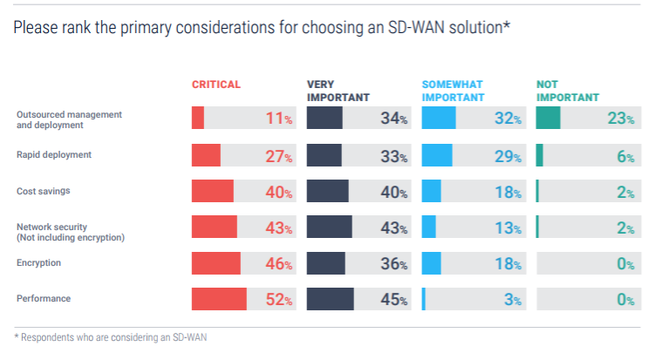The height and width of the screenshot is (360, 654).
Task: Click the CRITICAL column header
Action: pos(215,85)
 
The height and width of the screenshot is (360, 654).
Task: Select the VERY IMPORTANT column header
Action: pos(338,91)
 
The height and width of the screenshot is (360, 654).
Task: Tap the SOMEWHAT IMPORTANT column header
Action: pos(453,91)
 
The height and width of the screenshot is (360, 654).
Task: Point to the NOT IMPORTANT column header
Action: pos(568,91)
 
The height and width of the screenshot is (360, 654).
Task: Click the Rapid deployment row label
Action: pos(54,155)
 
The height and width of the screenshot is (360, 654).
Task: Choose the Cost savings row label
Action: pos(44,191)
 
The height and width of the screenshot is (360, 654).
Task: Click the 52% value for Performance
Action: pos(278,300)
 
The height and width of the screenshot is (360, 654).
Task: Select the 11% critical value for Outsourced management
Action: pos(278,119)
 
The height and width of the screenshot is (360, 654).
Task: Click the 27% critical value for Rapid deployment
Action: pos(278,156)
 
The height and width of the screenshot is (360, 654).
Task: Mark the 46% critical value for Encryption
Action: pos(278,264)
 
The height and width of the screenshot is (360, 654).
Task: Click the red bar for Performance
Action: pos(219,299)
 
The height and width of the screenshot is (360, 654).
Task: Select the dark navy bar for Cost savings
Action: pos(328,191)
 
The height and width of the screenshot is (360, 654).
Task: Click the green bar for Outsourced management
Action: pos(548,118)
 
